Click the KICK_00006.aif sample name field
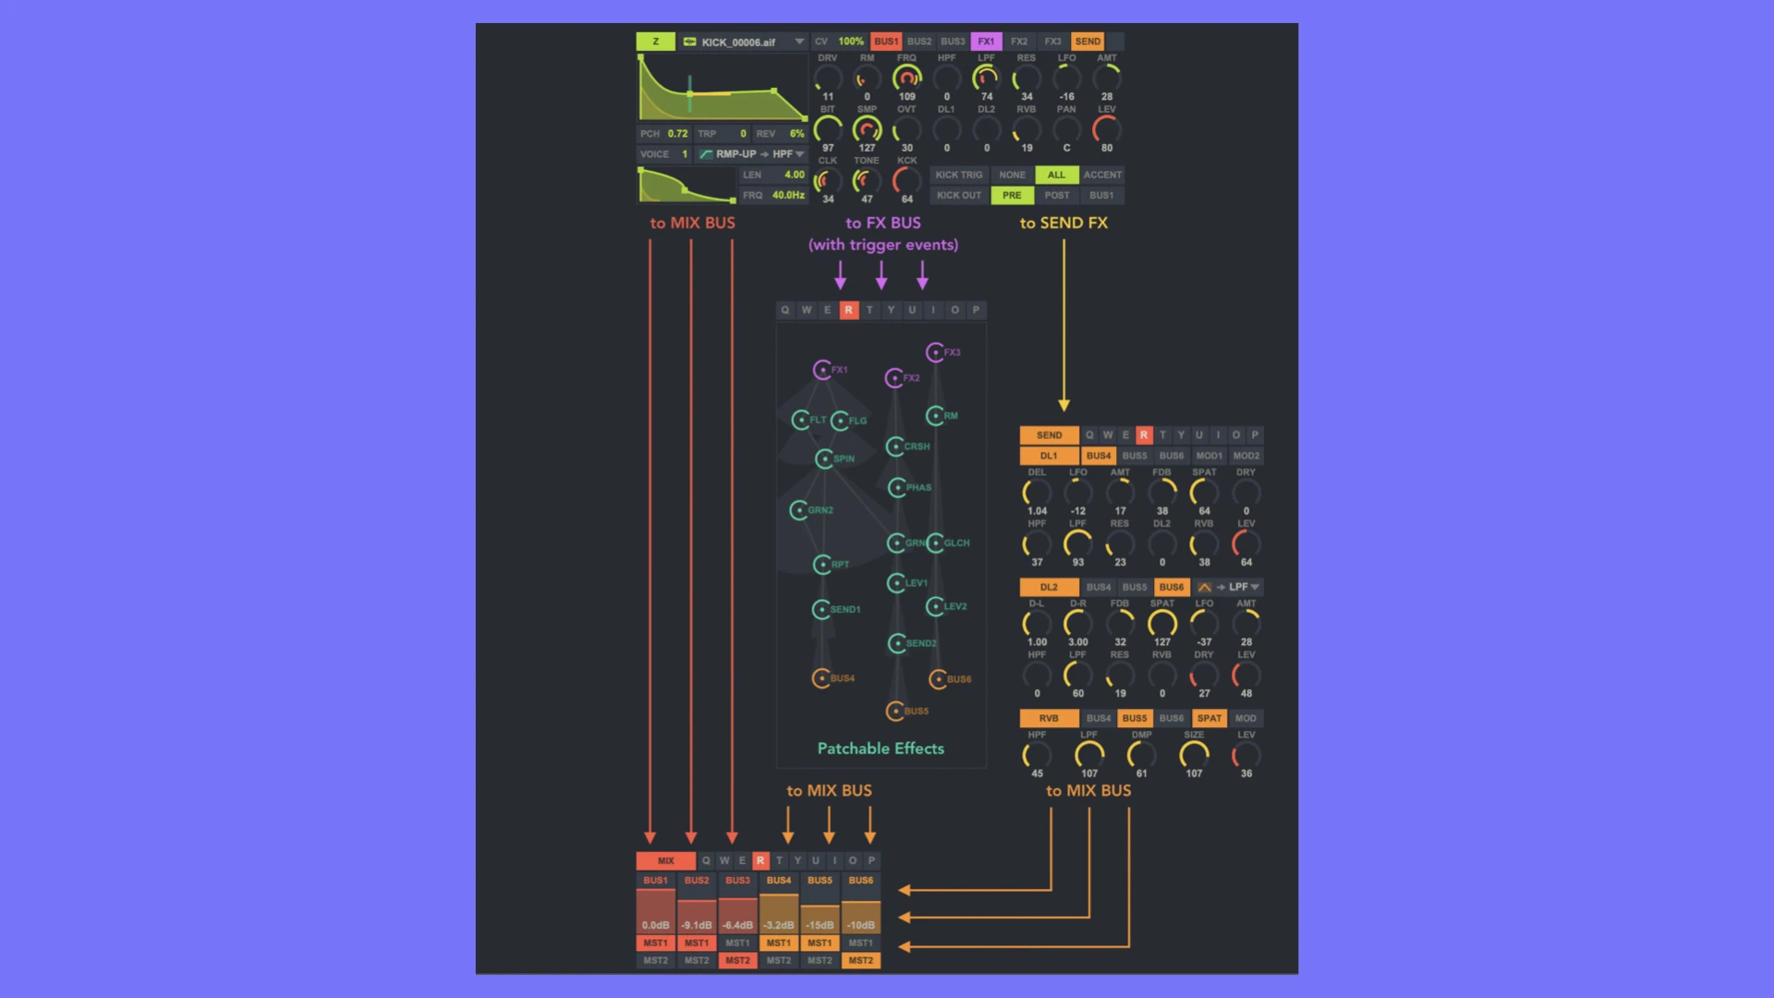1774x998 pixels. (738, 42)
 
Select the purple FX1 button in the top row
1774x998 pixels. (986, 42)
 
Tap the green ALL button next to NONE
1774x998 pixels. (1056, 175)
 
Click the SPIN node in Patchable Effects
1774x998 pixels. (825, 458)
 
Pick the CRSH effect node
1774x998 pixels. (895, 446)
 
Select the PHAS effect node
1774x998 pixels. (897, 487)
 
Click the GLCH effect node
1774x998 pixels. (936, 542)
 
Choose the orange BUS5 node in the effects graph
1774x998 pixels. (894, 711)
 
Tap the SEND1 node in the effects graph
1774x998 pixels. (821, 609)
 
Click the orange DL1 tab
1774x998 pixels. (1049, 456)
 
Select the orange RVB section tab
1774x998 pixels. (1049, 718)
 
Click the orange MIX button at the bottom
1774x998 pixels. (665, 860)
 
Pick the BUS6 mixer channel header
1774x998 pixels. (860, 881)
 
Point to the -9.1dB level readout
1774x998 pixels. (697, 925)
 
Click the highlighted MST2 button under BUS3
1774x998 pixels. (737, 960)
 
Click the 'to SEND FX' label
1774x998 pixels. (1063, 223)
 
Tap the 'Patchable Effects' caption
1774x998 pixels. (881, 748)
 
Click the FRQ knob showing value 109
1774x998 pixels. (907, 79)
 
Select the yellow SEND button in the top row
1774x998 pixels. (1087, 42)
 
